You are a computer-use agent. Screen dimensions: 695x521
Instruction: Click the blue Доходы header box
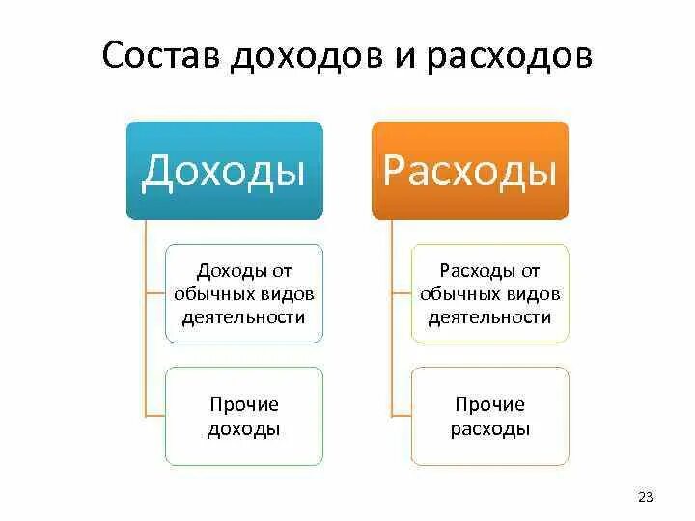click(x=224, y=171)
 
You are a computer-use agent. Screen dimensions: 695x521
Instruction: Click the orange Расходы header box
click(x=470, y=171)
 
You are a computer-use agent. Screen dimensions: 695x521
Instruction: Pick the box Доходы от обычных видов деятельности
click(x=244, y=293)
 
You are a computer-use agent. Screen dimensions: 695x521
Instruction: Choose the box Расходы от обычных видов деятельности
click(x=490, y=293)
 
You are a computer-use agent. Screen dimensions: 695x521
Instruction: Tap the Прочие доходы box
click(x=244, y=417)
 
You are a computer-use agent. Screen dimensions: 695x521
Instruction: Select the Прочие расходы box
click(x=490, y=417)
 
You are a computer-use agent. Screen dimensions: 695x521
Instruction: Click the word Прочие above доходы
click(x=244, y=405)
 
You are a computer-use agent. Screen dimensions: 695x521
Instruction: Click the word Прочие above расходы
click(x=490, y=405)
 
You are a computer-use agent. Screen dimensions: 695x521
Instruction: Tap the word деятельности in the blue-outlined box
click(x=244, y=316)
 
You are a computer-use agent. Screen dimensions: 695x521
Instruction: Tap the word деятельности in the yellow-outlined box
click(x=490, y=316)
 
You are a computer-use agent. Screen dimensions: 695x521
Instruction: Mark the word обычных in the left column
click(x=216, y=293)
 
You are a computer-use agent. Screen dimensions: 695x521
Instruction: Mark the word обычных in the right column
click(x=462, y=293)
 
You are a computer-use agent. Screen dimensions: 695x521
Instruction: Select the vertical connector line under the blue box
click(x=146, y=318)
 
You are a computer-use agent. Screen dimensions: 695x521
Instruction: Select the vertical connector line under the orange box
click(x=392, y=318)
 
